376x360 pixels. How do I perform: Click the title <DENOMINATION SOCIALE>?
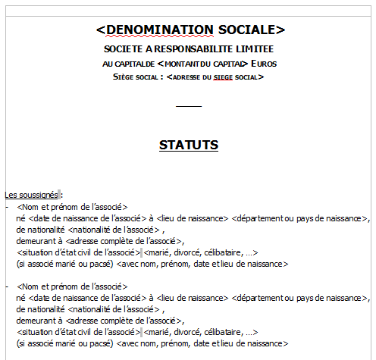190,30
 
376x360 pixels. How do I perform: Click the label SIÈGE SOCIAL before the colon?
136,77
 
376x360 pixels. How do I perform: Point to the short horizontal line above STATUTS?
189,106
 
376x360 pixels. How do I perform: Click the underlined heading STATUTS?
189,145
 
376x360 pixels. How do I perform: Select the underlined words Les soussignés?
31,195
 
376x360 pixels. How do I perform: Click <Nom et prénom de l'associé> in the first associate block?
72,206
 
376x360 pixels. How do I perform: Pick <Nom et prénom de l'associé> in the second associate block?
72,286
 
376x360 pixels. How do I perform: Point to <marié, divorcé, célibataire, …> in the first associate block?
202,252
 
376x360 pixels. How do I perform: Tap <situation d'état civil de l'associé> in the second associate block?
78,332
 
